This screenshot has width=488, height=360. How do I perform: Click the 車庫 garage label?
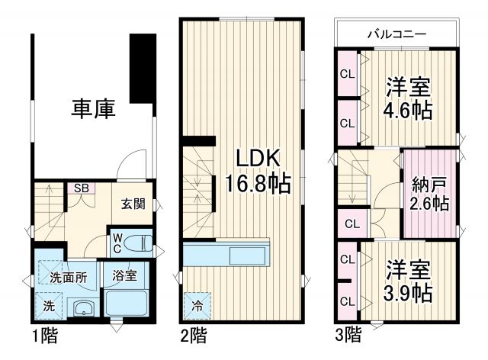(94, 109)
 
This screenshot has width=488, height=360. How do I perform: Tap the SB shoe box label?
(79, 188)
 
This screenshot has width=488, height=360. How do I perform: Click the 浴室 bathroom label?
(126, 275)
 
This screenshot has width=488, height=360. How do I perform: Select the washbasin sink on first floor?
(82, 308)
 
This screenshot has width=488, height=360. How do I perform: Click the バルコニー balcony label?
(396, 34)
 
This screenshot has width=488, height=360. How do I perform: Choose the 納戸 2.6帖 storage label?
(429, 194)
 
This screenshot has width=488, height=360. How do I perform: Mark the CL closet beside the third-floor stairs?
(351, 224)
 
